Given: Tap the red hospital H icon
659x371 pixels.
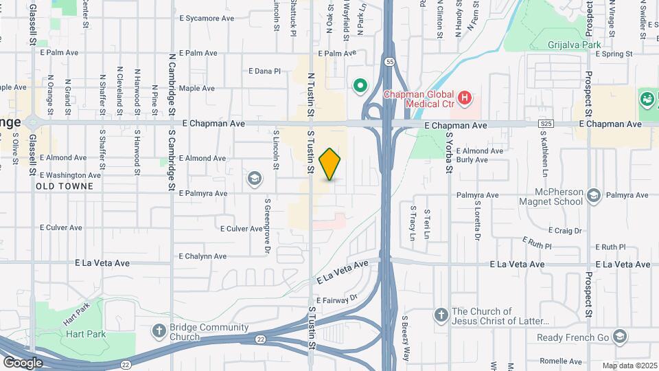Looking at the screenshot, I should [x=465, y=98].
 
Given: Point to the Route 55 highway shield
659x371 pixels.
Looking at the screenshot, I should [x=390, y=62].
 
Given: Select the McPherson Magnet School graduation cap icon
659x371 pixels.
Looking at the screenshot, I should [x=594, y=197].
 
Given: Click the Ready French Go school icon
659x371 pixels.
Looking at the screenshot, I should [x=621, y=336].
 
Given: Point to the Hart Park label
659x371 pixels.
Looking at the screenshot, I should [x=85, y=334].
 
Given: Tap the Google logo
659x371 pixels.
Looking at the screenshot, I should [x=23, y=362].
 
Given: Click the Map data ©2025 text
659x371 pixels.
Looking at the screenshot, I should [x=629, y=366].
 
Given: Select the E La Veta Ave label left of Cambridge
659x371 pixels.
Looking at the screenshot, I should [x=102, y=262].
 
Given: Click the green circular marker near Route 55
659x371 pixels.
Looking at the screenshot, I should [x=359, y=86].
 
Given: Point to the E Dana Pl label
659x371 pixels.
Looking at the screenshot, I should [x=265, y=71].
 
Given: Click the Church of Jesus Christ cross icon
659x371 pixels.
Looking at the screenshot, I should [x=441, y=315].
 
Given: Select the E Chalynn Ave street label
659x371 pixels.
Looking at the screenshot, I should [x=203, y=256].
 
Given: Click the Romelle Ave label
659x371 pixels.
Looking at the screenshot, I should [x=560, y=361].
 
